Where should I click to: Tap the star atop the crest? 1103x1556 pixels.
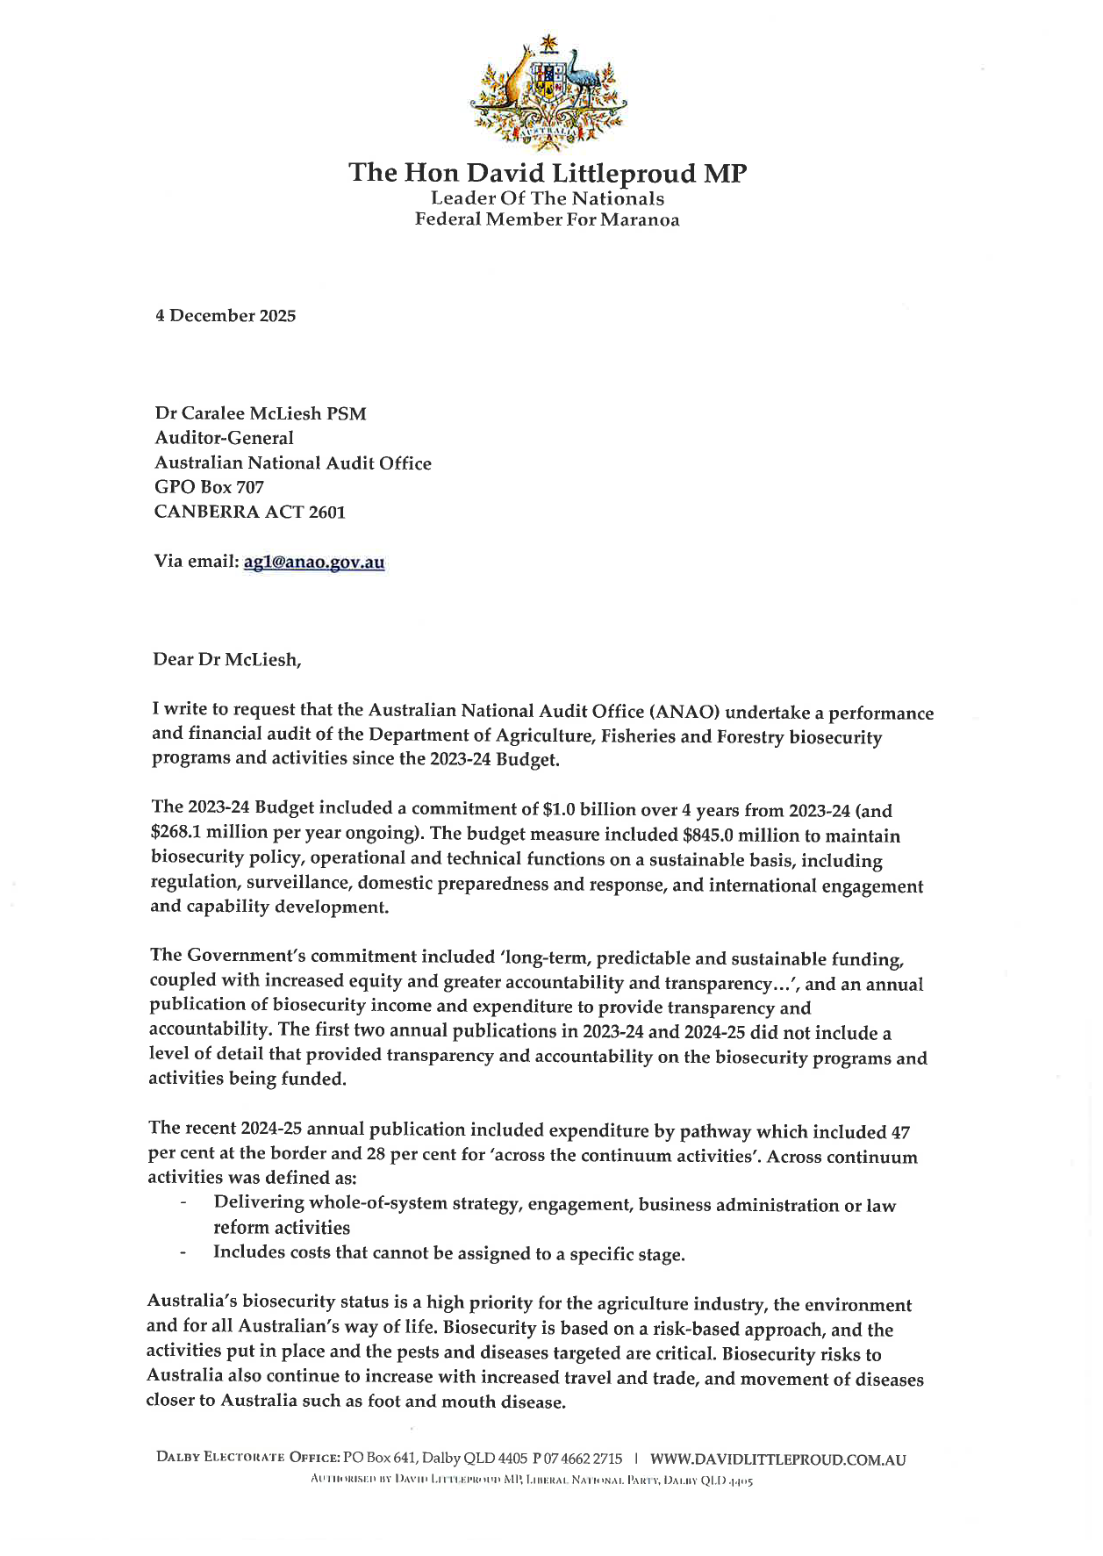[x=548, y=42]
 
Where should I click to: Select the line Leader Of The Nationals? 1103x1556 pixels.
[x=547, y=198]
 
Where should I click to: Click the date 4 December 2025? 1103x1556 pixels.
[x=226, y=316]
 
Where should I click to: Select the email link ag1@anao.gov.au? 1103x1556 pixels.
[x=314, y=562]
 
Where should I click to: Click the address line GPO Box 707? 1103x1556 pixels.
[x=209, y=487]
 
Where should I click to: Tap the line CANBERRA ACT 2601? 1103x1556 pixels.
[x=249, y=512]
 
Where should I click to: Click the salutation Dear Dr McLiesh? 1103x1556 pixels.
[x=226, y=659]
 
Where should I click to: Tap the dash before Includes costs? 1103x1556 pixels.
[x=183, y=1252]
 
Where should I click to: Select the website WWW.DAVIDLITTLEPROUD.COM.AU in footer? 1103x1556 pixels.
[x=777, y=1459]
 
